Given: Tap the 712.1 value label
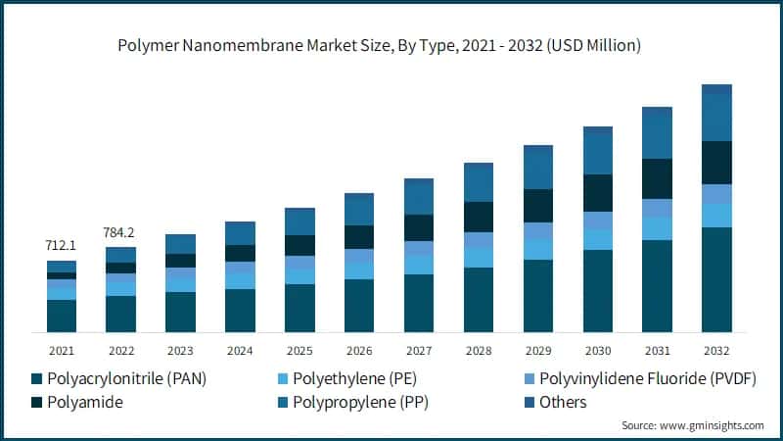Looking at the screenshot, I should pyautogui.click(x=62, y=244).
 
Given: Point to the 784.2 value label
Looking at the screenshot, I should pyautogui.click(x=121, y=232).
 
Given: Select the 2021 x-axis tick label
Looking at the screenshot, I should pyautogui.click(x=62, y=350).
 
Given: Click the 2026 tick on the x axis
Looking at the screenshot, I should pyautogui.click(x=359, y=350).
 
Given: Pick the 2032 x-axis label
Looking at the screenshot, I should pyautogui.click(x=716, y=350).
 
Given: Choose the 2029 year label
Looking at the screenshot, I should pyautogui.click(x=538, y=350).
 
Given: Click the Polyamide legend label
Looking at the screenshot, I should pyautogui.click(x=83, y=402).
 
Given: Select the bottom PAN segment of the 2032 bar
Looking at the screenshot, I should pyautogui.click(x=716, y=279).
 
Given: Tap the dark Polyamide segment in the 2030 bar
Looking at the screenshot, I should pyautogui.click(x=598, y=193).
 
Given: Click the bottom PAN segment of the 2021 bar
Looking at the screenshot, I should pyautogui.click(x=62, y=316).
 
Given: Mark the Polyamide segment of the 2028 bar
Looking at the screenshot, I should pyautogui.click(x=479, y=217).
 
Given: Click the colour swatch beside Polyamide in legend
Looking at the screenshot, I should pyautogui.click(x=38, y=403).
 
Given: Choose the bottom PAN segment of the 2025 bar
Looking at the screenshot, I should pyautogui.click(x=299, y=308).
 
